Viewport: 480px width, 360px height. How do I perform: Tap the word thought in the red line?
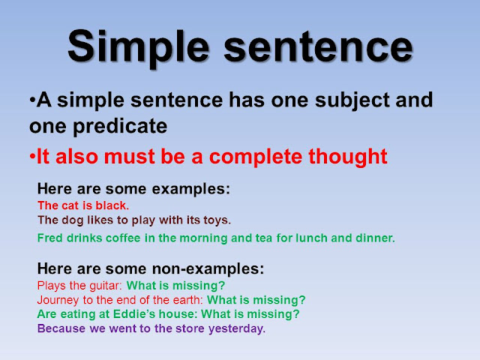[351, 157]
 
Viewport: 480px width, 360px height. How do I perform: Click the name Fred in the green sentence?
[48, 238]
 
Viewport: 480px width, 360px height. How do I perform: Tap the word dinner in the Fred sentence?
[376, 238]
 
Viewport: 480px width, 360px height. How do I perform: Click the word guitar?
[106, 286]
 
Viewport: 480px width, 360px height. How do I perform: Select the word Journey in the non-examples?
[57, 299]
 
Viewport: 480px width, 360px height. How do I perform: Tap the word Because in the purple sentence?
[60, 328]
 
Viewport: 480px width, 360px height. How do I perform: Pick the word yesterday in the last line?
[239, 328]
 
